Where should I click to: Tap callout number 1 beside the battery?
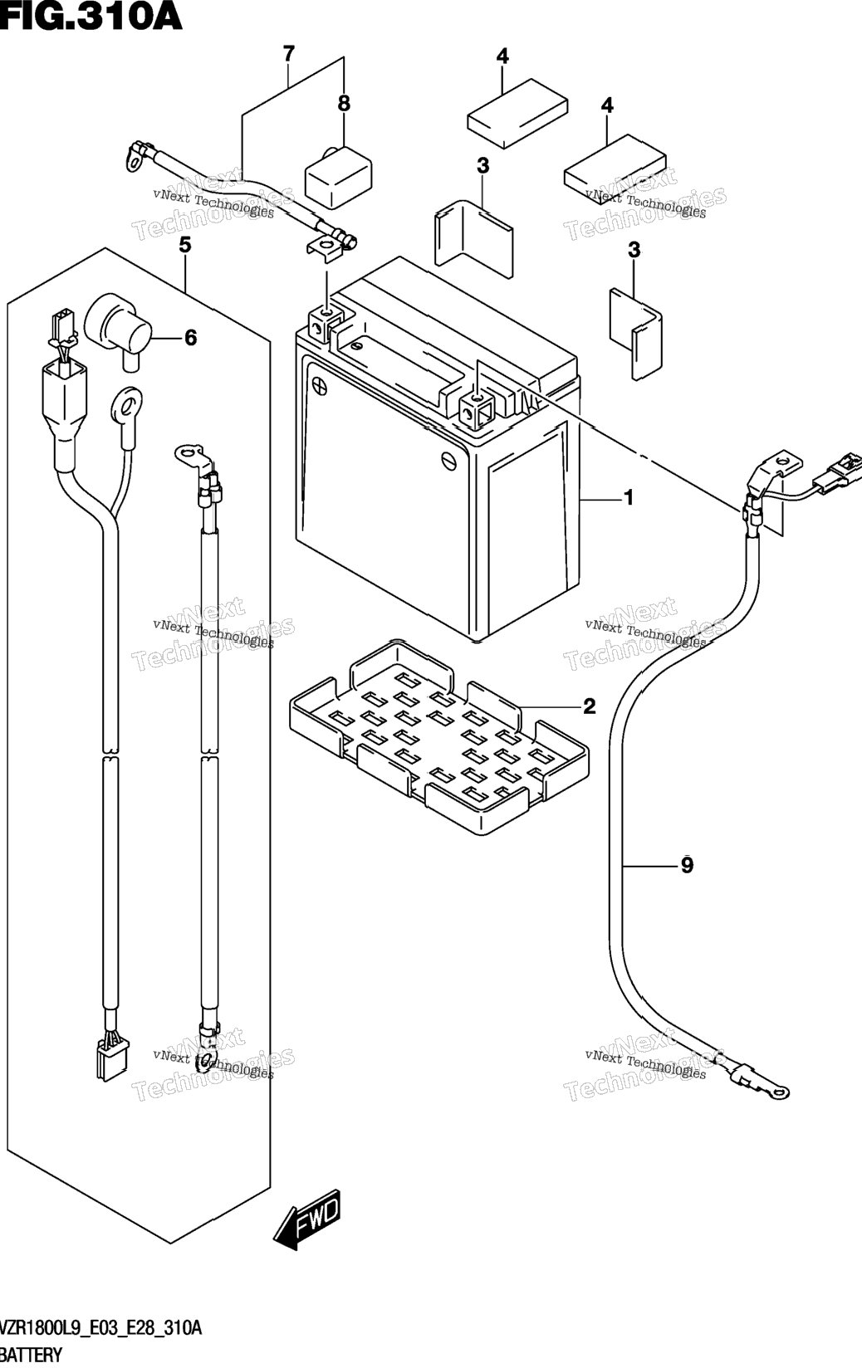629,498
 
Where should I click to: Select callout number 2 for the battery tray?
589,706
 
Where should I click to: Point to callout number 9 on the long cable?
688,865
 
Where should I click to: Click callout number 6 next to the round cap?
191,337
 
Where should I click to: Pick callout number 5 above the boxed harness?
185,246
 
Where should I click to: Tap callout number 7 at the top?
289,54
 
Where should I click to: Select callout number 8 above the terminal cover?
344,103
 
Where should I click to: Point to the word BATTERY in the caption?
31,1356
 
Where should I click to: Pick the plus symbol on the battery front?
319,385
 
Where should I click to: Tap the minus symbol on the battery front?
449,460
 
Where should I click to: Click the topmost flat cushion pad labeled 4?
517,113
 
